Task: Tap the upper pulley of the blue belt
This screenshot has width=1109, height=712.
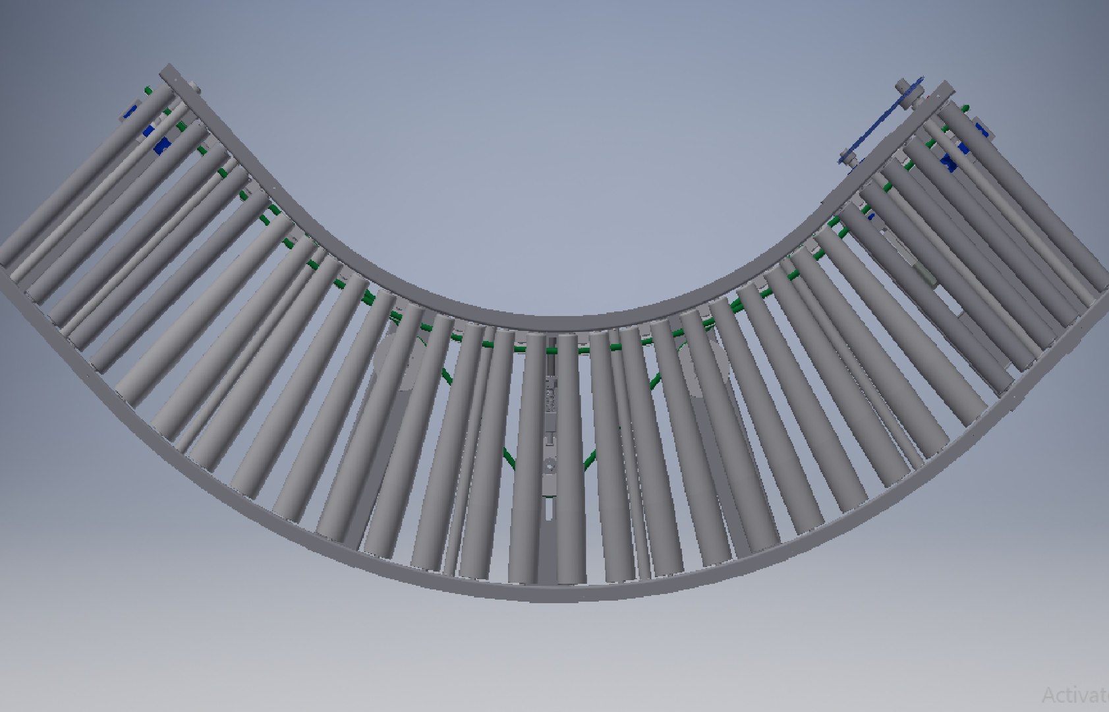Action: tap(903, 88)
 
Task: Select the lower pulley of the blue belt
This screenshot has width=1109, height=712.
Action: tap(846, 159)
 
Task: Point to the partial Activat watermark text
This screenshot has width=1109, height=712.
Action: tap(1074, 694)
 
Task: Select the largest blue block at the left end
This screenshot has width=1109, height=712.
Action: tap(161, 145)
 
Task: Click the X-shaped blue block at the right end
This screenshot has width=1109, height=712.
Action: tap(950, 162)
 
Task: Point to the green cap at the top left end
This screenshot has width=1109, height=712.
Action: tap(149, 89)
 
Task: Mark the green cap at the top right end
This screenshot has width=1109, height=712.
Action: tap(966, 106)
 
